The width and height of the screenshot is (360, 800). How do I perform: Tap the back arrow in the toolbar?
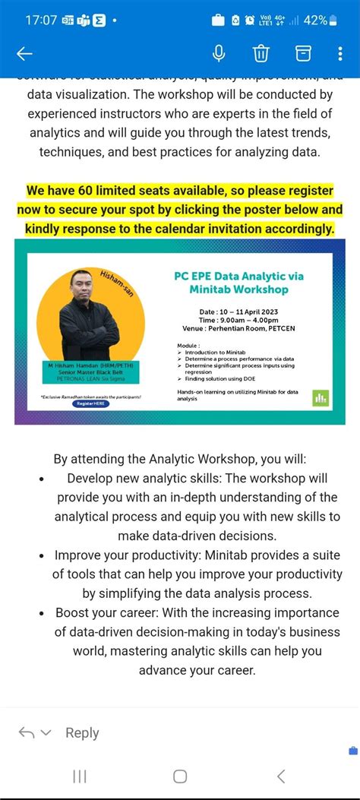click(24, 53)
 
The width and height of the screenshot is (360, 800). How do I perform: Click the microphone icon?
click(219, 53)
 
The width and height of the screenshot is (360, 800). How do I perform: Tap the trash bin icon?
click(261, 53)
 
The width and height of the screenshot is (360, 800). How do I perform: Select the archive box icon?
click(303, 53)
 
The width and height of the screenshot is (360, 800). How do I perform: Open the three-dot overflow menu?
click(340, 53)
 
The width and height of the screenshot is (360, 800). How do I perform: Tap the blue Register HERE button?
click(92, 403)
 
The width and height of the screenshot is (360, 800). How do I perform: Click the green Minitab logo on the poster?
click(321, 397)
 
